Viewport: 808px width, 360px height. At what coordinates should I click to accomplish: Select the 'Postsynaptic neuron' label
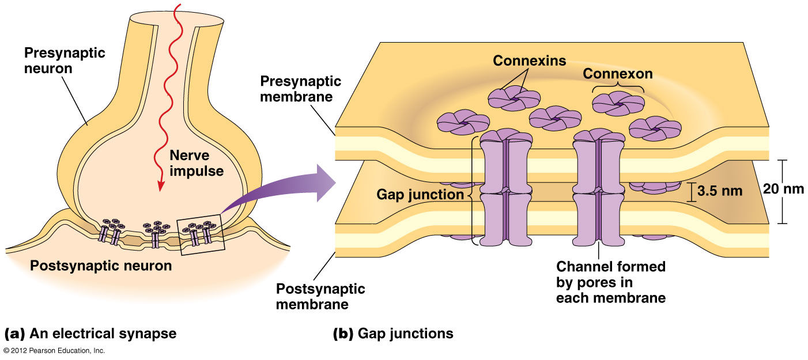(101, 266)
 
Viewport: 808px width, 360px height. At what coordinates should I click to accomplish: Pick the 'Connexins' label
(530, 60)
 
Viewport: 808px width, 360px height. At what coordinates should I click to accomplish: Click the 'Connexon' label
(618, 74)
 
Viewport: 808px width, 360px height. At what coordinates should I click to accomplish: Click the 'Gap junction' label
(420, 194)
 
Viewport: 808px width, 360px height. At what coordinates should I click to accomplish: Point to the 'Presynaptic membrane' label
(300, 89)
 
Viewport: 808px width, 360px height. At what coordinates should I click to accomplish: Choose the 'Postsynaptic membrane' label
(320, 295)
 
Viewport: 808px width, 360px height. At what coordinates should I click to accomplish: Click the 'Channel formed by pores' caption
(611, 282)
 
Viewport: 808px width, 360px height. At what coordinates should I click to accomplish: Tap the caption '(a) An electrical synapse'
(90, 334)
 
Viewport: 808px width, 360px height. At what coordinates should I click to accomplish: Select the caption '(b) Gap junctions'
(393, 334)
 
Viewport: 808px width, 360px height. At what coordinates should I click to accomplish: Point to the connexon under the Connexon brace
(617, 103)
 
